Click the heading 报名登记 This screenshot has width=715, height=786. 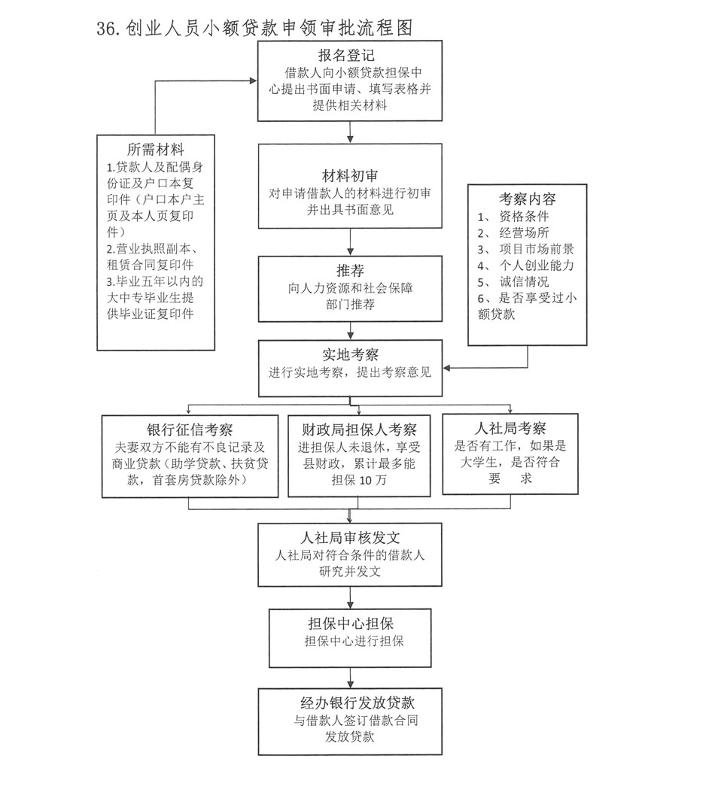(346, 56)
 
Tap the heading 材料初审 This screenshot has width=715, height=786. (347, 177)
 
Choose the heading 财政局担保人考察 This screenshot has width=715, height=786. (359, 430)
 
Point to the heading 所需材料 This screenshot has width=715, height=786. (156, 149)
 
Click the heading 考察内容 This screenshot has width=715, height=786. (528, 199)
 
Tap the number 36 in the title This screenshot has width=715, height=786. (105, 29)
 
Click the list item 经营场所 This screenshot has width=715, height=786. (525, 232)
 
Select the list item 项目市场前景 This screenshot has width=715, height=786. (537, 249)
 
